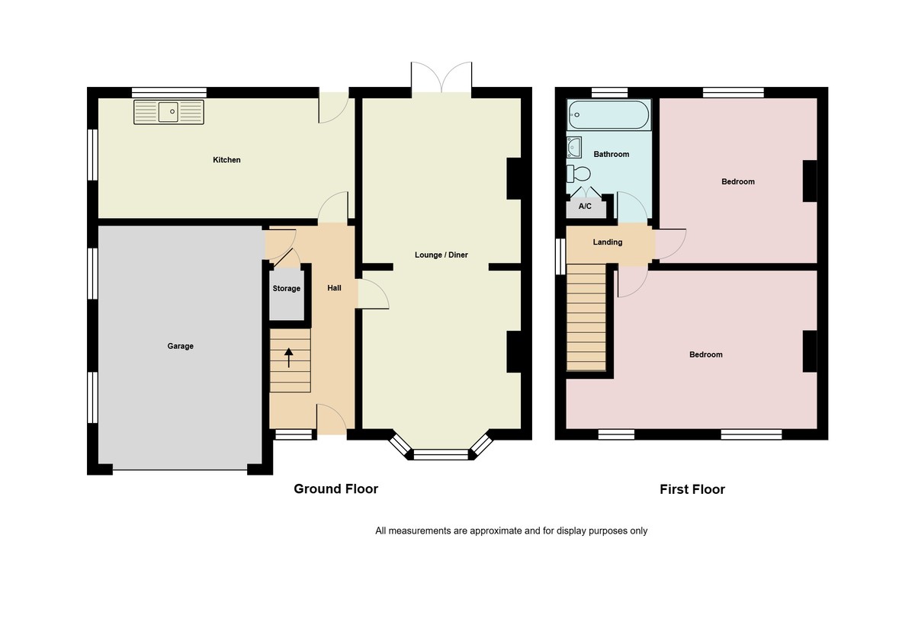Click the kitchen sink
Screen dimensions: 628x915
pyautogui.click(x=169, y=112)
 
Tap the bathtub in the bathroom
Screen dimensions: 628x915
pyautogui.click(x=608, y=117)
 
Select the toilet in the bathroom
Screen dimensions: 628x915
pyautogui.click(x=580, y=173)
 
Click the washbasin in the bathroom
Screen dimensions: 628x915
pyautogui.click(x=574, y=146)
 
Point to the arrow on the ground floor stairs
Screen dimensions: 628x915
pyautogui.click(x=290, y=357)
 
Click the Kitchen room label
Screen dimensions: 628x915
pyautogui.click(x=226, y=160)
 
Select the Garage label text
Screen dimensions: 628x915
pyautogui.click(x=181, y=346)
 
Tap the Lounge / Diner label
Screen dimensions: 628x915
pyautogui.click(x=441, y=255)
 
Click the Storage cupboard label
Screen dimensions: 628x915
pyautogui.click(x=287, y=289)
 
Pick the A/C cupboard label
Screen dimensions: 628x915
pyautogui.click(x=585, y=207)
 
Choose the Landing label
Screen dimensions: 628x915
pyautogui.click(x=608, y=242)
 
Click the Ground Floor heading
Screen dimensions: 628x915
pyautogui.click(x=335, y=489)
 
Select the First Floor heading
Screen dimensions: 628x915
pyautogui.click(x=692, y=489)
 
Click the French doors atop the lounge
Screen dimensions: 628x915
pyautogui.click(x=441, y=78)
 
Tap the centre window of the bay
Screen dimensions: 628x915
pyautogui.click(x=440, y=455)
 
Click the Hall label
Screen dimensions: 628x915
pyautogui.click(x=334, y=288)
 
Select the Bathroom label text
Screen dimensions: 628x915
pyautogui.click(x=612, y=154)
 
